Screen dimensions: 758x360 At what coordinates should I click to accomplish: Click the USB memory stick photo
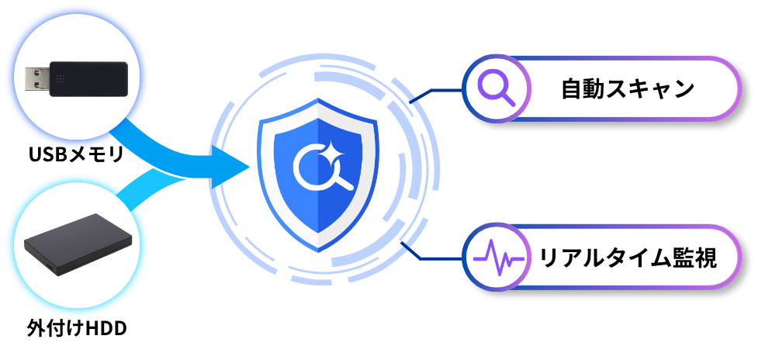(77, 79)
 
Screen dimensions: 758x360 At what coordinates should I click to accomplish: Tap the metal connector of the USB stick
(38, 79)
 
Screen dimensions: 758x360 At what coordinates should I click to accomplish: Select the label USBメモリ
(76, 154)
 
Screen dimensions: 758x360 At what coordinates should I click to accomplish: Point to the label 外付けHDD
(77, 329)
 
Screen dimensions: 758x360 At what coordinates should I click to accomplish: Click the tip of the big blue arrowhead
(250, 167)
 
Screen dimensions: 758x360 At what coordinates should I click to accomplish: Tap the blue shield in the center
(318, 175)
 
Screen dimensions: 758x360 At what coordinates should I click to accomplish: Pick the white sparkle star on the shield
(334, 151)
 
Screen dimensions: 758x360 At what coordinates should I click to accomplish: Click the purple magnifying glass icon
(496, 89)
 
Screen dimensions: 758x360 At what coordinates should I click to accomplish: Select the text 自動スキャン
(628, 89)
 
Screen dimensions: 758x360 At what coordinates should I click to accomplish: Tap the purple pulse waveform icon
(498, 257)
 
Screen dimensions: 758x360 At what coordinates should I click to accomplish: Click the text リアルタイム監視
(628, 257)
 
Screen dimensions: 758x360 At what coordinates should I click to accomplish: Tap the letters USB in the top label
(47, 154)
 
